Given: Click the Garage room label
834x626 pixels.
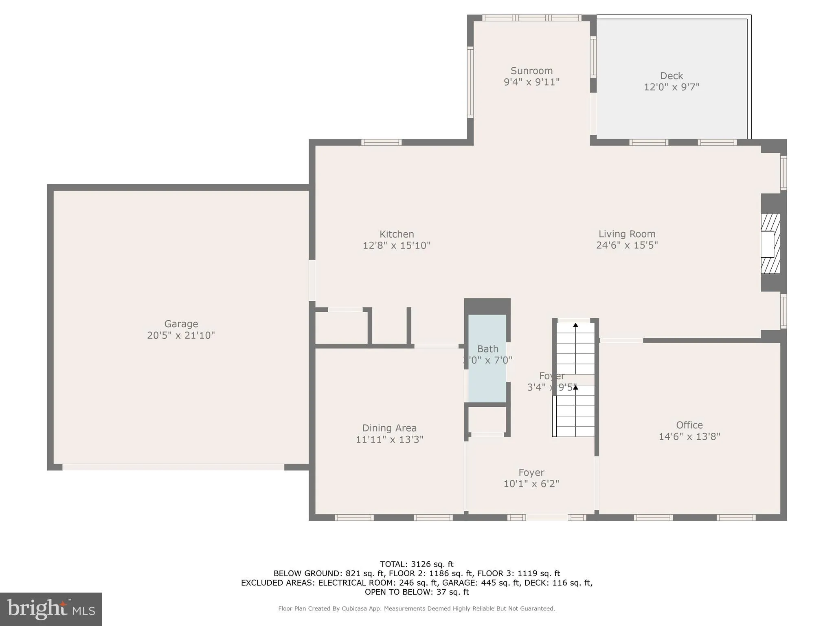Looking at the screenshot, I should tap(181, 324).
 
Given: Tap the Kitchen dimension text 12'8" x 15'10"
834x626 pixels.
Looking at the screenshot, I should tap(396, 245).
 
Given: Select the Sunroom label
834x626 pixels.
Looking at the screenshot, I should tap(531, 71).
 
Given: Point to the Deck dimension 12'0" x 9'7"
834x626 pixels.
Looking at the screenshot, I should tap(671, 87).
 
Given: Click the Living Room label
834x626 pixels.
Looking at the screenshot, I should tap(627, 234).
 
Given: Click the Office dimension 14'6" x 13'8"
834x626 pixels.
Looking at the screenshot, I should tap(689, 436).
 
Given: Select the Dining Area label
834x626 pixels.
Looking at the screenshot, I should tap(389, 428).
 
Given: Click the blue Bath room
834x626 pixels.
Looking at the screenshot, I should tap(487, 379).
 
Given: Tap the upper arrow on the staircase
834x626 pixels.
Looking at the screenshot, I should tap(575, 325).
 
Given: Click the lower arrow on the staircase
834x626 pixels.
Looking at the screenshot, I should tap(575, 388).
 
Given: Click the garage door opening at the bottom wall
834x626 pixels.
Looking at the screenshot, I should tap(173, 467).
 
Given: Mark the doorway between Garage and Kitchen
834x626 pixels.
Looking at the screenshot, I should tap(312, 280).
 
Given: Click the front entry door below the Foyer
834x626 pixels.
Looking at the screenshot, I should tap(546, 518).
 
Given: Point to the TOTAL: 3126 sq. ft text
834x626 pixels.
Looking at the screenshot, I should tap(417, 564).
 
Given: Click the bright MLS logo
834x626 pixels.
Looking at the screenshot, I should tap(51, 609).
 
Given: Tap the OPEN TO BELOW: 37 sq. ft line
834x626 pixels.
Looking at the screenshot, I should tap(417, 592).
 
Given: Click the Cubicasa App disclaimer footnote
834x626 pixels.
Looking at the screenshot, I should tap(417, 608).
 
